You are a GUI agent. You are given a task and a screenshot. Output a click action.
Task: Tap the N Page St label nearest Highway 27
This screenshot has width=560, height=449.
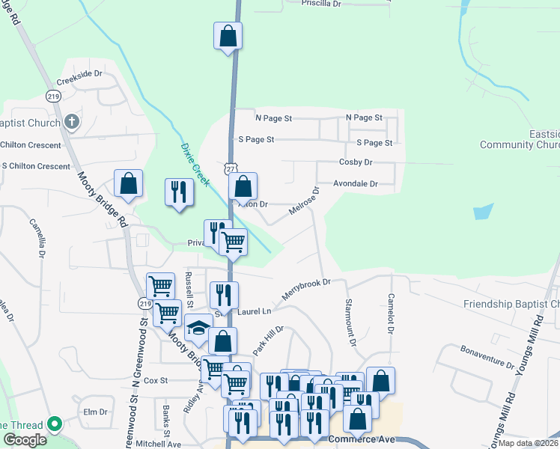273,118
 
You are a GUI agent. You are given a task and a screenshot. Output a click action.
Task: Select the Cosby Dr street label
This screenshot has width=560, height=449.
355,162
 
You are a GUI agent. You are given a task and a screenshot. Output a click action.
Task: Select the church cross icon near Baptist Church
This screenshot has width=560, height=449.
71,121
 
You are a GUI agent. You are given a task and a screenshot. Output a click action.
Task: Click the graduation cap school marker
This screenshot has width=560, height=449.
198,328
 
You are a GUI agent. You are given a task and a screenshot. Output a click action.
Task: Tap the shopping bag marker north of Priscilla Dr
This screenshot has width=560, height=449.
228,36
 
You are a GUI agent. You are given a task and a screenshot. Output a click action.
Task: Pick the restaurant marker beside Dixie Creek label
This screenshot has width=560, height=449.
179,192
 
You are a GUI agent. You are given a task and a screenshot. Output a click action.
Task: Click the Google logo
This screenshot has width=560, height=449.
24,440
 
